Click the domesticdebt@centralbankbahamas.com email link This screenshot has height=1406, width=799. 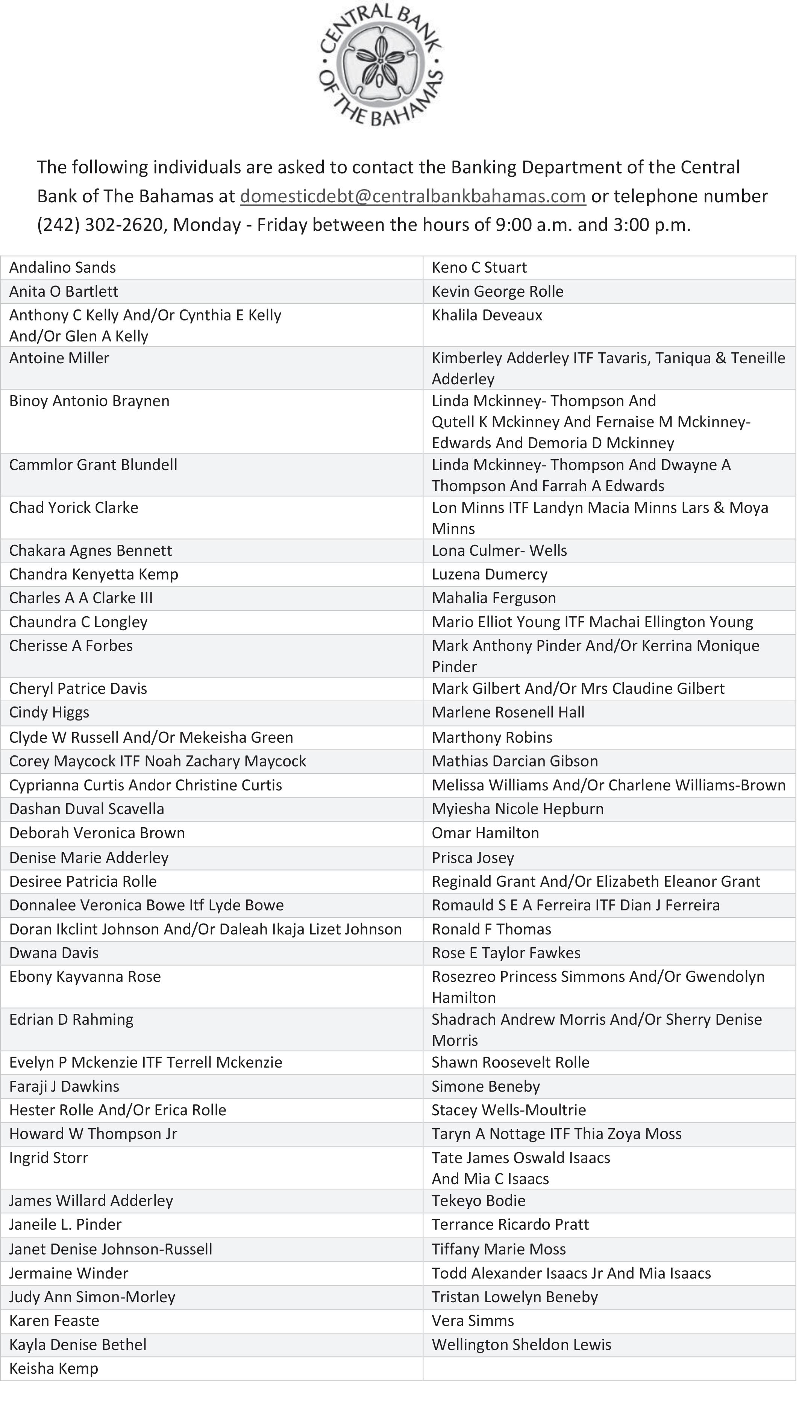tap(413, 196)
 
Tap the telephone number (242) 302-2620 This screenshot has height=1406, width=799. tap(100, 224)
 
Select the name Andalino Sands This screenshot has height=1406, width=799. tap(62, 267)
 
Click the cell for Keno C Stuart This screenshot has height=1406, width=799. tap(479, 267)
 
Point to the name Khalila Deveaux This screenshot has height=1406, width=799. tap(487, 315)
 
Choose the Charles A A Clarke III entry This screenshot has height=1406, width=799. tap(81, 598)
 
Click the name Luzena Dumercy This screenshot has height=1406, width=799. tap(490, 574)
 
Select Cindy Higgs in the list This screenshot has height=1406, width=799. tap(49, 712)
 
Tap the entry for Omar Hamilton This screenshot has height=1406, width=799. tap(485, 833)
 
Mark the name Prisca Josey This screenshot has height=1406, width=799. tap(473, 857)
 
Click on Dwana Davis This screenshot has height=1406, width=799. tap(54, 953)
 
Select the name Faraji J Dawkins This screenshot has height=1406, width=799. tap(64, 1086)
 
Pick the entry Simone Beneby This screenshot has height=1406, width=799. tap(486, 1086)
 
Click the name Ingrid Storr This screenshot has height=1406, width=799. tap(48, 1157)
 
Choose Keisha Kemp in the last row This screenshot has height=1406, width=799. tap(54, 1368)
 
